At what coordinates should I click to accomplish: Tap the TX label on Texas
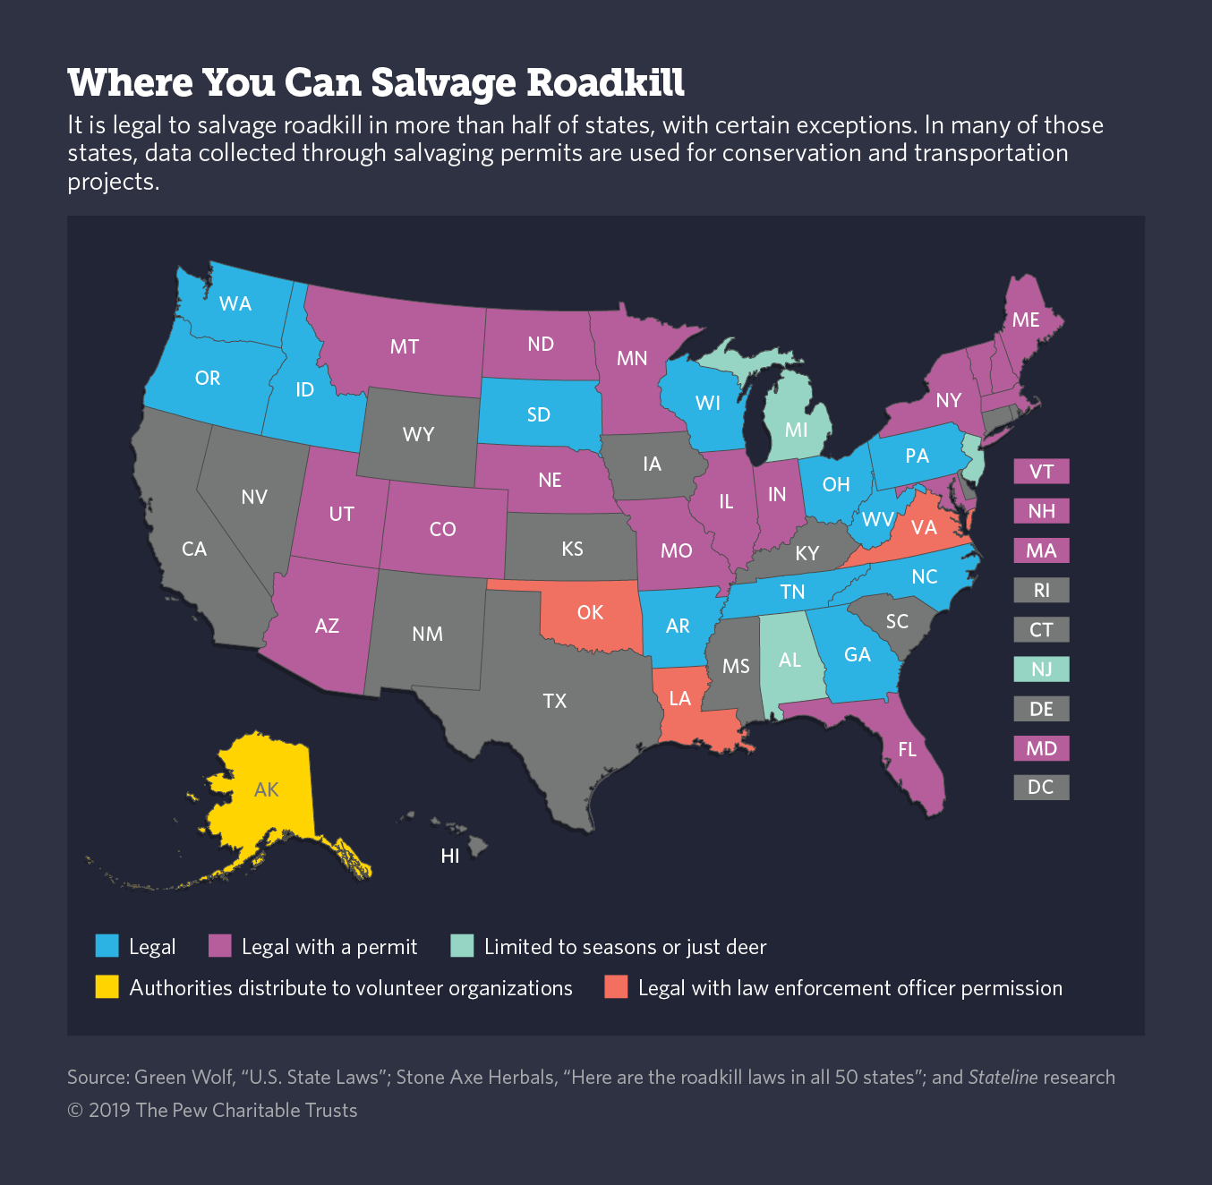pyautogui.click(x=555, y=701)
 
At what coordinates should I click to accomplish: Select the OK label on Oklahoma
pyautogui.click(x=590, y=612)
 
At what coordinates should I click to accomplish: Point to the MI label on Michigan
pyautogui.click(x=797, y=430)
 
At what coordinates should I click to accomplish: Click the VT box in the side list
pyautogui.click(x=1041, y=472)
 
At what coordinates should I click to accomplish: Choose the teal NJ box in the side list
pyautogui.click(x=1041, y=669)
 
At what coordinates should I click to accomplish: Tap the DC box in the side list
pyautogui.click(x=1041, y=788)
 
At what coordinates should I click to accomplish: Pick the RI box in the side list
pyautogui.click(x=1041, y=591)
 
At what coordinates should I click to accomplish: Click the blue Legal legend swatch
pyautogui.click(x=107, y=946)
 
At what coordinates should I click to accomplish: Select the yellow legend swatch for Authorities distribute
pyautogui.click(x=107, y=987)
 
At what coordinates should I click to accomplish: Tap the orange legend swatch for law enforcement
pyautogui.click(x=616, y=987)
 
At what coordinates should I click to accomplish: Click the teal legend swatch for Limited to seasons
pyautogui.click(x=462, y=946)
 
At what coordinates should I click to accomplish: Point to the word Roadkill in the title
pyautogui.click(x=605, y=83)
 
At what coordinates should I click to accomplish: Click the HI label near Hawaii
pyautogui.click(x=450, y=857)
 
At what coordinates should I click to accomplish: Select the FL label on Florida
pyautogui.click(x=908, y=749)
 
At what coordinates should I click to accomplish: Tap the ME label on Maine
pyautogui.click(x=1026, y=320)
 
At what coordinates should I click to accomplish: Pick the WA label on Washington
pyautogui.click(x=235, y=303)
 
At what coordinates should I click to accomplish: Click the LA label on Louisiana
pyautogui.click(x=680, y=698)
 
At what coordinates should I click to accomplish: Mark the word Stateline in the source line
pyautogui.click(x=1003, y=1078)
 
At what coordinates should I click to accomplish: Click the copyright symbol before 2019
pyautogui.click(x=75, y=1111)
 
